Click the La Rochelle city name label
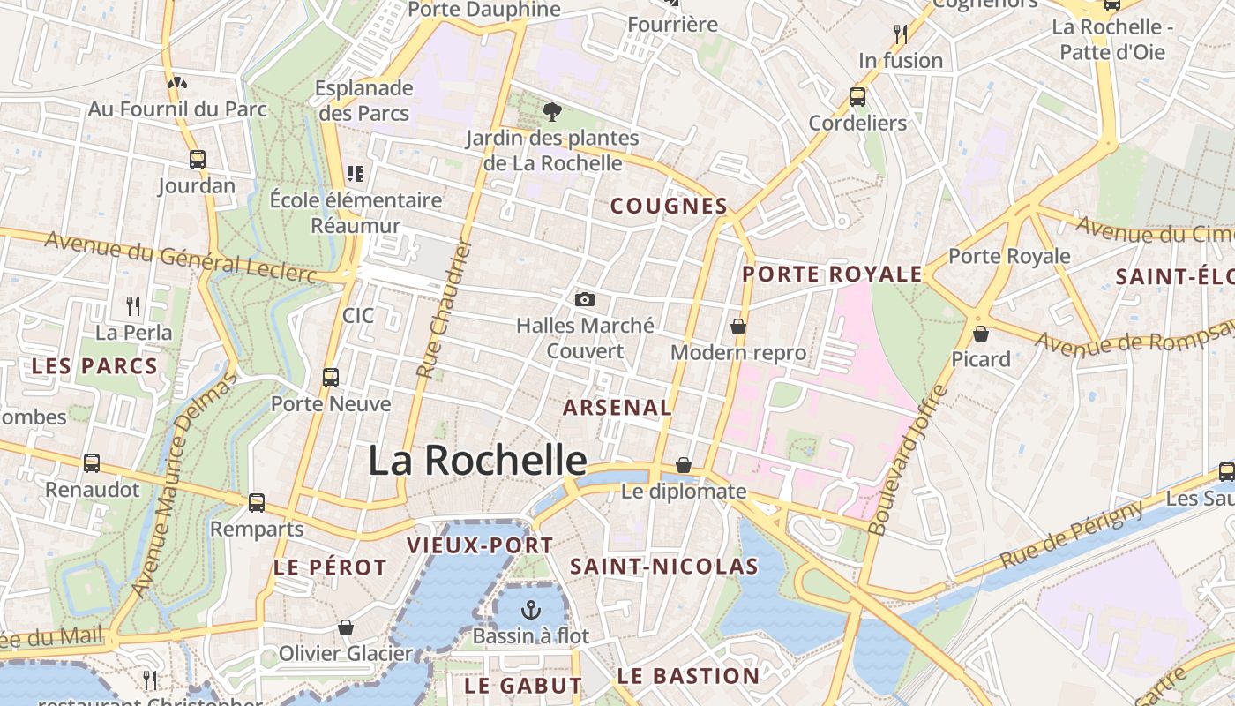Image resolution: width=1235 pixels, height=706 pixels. tap(477, 461)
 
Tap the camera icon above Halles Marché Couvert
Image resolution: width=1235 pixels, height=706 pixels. tap(584, 300)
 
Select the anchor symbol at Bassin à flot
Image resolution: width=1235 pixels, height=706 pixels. tap(530, 610)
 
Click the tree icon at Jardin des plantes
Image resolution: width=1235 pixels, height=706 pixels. tap(552, 112)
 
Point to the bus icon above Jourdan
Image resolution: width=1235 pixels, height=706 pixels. tap(198, 160)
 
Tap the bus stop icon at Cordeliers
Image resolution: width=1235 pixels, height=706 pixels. tap(857, 97)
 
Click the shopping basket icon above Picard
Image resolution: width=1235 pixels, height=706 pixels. tap(980, 334)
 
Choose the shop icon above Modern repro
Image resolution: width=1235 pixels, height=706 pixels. tap(738, 327)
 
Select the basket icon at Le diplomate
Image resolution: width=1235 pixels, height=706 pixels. tap(683, 465)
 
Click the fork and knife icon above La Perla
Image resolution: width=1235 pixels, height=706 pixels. tap(133, 306)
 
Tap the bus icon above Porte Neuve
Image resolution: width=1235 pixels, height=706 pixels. tap(331, 378)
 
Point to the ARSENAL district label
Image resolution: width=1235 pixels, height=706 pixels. tap(617, 408)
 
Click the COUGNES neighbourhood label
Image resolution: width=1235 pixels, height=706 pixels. tap(669, 207)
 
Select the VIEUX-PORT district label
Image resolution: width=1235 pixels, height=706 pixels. tap(480, 545)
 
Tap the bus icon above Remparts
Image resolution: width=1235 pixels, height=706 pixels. tap(257, 503)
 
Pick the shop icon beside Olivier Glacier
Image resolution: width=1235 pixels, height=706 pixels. tap(346, 627)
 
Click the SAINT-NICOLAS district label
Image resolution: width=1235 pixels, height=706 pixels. tap(664, 567)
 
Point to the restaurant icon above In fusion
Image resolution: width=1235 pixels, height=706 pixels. tap(900, 34)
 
